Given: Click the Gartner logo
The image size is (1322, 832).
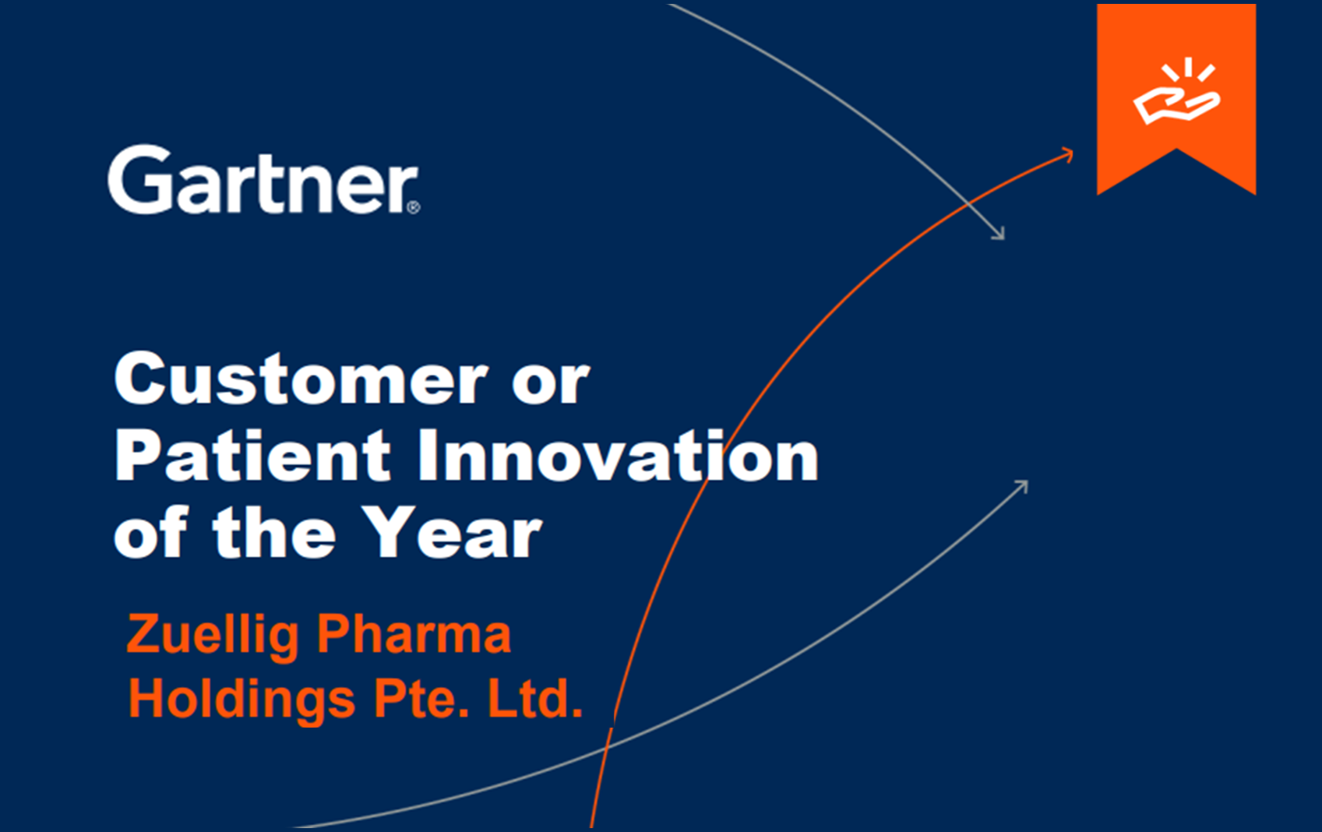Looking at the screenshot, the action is [x=263, y=179].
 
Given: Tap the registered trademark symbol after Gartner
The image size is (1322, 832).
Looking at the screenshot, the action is [x=414, y=207].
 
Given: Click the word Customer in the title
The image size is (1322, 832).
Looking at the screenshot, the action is [x=301, y=379].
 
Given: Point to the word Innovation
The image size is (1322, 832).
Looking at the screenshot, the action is [x=619, y=455].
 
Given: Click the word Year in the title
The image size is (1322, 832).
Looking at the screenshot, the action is [x=452, y=532].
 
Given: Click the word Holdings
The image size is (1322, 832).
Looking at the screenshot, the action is [x=242, y=700].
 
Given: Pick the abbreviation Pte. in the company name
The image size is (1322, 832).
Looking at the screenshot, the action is [x=421, y=699].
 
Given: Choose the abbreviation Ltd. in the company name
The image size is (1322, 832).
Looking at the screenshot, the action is [x=535, y=699].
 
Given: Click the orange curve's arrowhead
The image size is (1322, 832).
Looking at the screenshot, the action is [x=1066, y=154].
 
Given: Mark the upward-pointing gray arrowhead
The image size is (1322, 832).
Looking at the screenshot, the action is [x=1021, y=487].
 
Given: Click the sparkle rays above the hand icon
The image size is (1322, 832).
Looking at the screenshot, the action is [x=1188, y=69].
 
